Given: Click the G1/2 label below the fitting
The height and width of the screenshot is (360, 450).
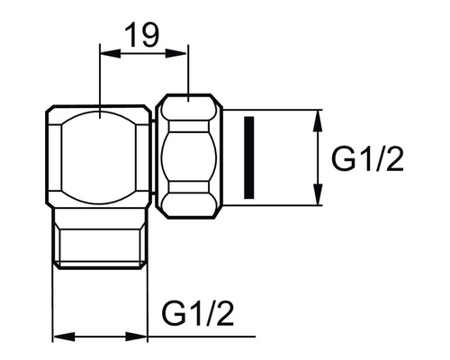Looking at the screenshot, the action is click(198, 312).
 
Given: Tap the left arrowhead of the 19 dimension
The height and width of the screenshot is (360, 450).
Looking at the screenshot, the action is click(111, 54).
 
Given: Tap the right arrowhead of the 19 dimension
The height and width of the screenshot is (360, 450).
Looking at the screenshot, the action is click(177, 54).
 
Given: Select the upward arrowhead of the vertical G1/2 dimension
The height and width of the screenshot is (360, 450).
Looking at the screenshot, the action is click(318, 121).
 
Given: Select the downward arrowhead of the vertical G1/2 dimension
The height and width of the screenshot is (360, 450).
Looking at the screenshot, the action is click(318, 194).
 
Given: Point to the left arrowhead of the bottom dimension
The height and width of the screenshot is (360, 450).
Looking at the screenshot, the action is click(64, 337).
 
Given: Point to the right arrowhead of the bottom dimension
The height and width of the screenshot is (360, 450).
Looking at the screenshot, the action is click(137, 337).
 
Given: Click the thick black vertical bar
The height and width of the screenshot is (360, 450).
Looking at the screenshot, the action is click(249, 157).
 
